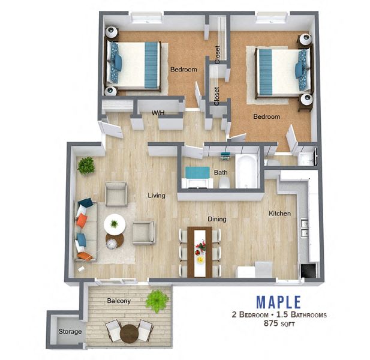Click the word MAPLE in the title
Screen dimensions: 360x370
point(278,301)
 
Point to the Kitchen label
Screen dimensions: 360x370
point(279,213)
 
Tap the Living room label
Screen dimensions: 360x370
point(157,195)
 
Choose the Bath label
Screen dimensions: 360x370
point(220,172)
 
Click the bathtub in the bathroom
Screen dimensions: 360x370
point(246,170)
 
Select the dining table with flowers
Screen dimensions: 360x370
point(200,251)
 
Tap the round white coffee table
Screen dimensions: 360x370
point(115,224)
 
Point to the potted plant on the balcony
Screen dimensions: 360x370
point(157,299)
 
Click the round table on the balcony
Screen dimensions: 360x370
point(128,333)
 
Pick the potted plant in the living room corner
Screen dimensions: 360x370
point(86,166)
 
